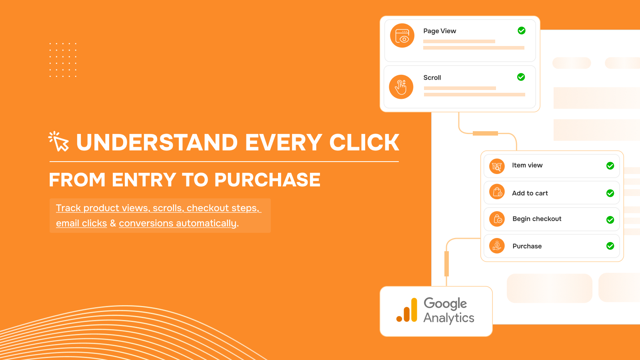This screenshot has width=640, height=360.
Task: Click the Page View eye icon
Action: [x=402, y=36]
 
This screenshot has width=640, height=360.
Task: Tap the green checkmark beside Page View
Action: [x=522, y=30]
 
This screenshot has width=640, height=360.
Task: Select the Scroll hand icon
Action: [x=401, y=87]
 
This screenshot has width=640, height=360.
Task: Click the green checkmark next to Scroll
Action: [x=521, y=77]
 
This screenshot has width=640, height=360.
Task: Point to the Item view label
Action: [x=527, y=165]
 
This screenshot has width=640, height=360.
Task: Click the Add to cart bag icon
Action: [x=497, y=192]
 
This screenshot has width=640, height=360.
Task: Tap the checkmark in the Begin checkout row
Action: [x=610, y=220]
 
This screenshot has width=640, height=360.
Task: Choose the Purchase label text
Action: [x=527, y=246]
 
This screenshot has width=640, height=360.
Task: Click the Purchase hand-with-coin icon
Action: [x=497, y=246]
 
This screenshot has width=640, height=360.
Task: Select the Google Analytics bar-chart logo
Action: [x=407, y=310]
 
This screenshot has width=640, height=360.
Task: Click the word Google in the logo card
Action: [x=445, y=304]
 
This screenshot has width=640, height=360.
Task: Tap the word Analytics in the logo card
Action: [x=449, y=318]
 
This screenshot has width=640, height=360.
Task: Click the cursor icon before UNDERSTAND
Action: [x=58, y=141]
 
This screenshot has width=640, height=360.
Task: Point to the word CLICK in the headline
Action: [x=364, y=142]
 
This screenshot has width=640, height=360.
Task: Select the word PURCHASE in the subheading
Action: [x=268, y=180]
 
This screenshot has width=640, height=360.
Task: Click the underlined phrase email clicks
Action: [x=82, y=223]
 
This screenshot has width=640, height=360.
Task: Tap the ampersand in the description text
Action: [x=113, y=223]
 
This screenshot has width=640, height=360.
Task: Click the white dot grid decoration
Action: [x=63, y=60]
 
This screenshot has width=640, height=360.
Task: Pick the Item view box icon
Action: [x=497, y=166]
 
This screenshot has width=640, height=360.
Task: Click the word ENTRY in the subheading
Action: [x=144, y=180]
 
